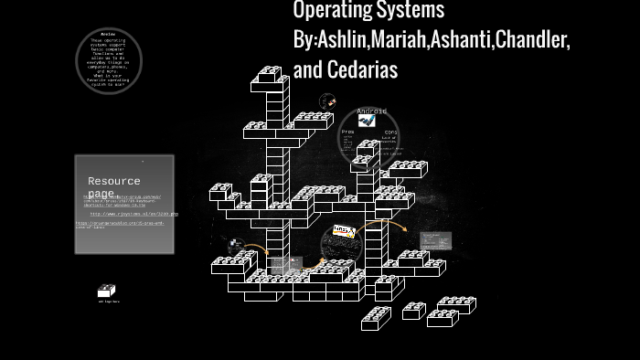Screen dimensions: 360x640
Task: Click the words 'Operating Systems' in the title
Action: pos(368,10)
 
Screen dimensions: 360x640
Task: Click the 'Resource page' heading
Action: pos(113,187)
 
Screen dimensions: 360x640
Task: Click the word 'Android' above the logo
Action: pos(371,111)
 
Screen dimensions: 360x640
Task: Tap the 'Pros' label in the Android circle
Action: pos(347,132)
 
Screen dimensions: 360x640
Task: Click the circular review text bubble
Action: pos(108,61)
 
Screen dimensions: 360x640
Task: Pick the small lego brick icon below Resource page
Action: pos(107,291)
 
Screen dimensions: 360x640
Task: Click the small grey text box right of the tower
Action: pos(435,241)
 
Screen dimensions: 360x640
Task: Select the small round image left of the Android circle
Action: pos(327,101)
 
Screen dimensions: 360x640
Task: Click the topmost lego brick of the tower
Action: pos(270,73)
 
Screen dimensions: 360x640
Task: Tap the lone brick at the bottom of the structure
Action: pos(376,318)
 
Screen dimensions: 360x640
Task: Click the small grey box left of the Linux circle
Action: pos(286,266)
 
